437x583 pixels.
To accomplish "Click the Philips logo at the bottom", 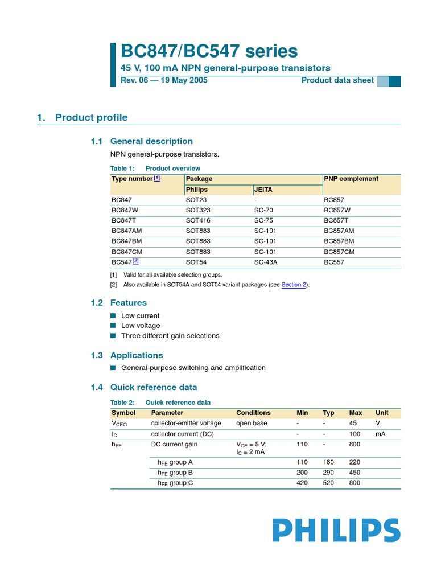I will pos(336,530).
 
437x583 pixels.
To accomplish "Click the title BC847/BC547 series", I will pos(209,51).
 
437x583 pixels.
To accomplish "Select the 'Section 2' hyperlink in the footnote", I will pos(294,285).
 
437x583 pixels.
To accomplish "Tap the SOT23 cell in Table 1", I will pos(196,200).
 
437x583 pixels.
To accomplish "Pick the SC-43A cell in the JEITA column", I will pos(266,262).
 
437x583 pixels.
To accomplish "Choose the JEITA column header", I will pos(263,190).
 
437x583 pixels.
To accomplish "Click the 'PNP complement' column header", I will pos(351,179).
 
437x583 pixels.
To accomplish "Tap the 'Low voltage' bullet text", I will pos(141,326).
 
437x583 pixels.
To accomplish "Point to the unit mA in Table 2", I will pos(381,434).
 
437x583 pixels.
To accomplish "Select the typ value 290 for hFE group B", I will pos(328,473).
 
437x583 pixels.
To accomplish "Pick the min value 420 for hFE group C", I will pos(302,483).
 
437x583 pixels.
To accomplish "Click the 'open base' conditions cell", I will pos(252,424).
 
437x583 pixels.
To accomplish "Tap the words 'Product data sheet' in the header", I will pos(337,80).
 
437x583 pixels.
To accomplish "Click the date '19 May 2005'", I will pos(182,80).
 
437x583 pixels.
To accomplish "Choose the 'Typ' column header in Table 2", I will pos(328,413).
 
